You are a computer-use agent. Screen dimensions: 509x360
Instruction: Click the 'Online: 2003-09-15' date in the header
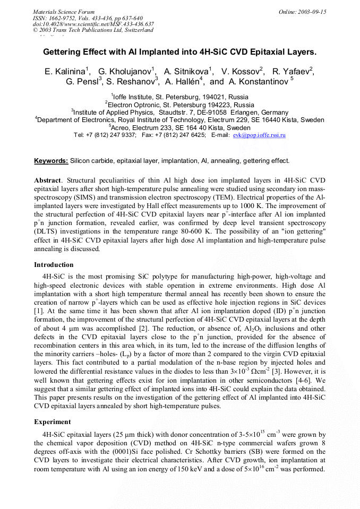tap(303, 12)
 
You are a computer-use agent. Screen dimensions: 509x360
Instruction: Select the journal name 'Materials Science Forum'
tap(64, 12)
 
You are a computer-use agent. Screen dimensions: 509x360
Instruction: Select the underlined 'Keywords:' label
tap(51, 161)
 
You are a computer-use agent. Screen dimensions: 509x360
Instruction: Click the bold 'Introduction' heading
tap(54, 265)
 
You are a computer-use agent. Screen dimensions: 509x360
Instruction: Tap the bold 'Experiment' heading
tap(53, 422)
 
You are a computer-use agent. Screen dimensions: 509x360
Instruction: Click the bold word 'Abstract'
tap(47, 180)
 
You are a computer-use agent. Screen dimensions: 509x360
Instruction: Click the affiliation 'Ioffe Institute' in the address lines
tap(137, 97)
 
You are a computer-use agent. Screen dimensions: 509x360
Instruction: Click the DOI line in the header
tap(93, 24)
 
